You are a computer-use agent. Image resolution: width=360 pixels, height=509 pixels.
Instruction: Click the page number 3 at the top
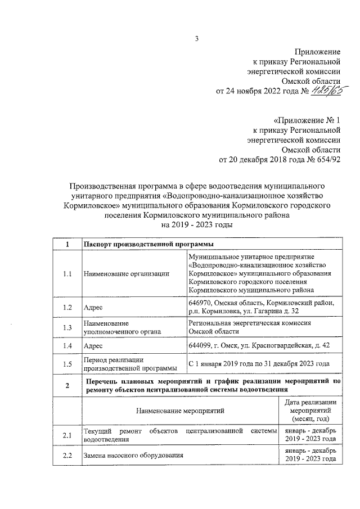[197, 39]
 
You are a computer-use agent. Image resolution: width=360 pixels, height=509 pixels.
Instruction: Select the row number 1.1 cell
[67, 274]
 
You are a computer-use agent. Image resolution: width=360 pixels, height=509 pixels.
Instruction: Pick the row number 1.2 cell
[67, 307]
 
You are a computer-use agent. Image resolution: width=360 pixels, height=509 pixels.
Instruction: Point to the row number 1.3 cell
[67, 328]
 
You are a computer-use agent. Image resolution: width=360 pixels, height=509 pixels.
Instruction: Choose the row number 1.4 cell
[67, 345]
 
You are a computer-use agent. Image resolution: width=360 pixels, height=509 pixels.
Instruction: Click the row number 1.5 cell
[67, 364]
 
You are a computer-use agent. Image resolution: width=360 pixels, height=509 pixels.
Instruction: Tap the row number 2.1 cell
[67, 435]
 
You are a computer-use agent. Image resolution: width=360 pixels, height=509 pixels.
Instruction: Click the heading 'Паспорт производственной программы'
[145, 245]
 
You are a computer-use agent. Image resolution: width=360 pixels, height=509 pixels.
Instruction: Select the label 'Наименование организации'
[126, 274]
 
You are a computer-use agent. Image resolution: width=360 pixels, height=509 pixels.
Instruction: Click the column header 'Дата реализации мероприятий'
[310, 411]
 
